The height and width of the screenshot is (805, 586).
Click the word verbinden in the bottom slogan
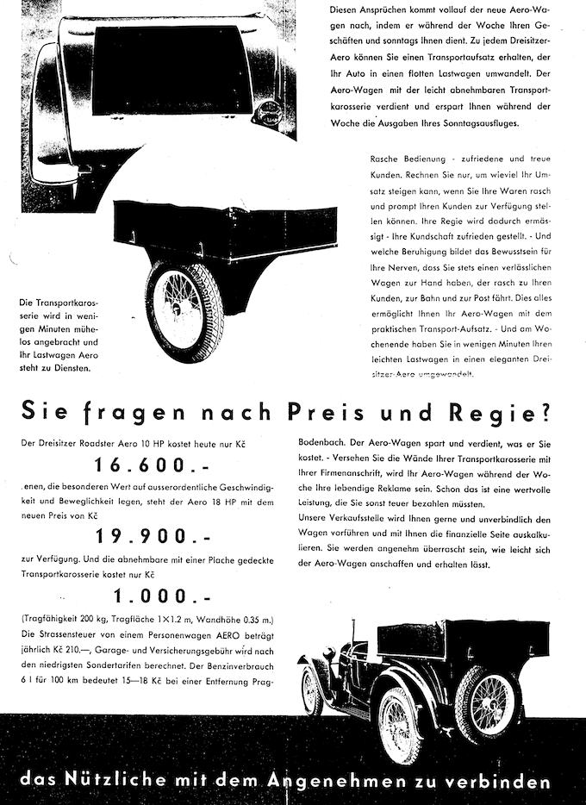(502, 782)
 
